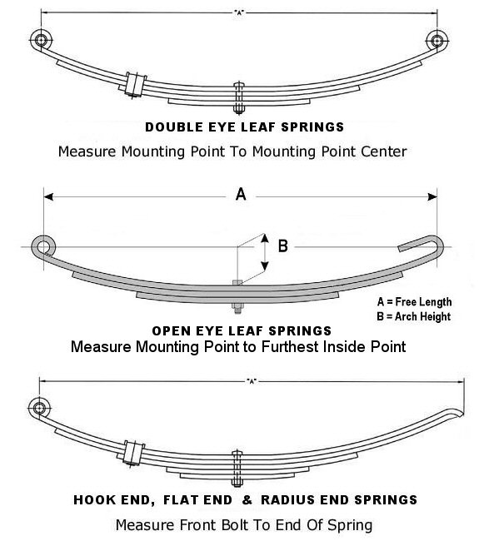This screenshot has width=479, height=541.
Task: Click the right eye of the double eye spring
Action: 437,39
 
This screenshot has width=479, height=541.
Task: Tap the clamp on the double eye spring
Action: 132,84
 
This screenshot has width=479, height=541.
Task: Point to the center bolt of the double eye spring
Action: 239,98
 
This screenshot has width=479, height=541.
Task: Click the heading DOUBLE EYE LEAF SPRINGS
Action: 244,128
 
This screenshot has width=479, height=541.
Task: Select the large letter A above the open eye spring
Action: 241,195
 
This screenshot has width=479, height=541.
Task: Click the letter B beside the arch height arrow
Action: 282,246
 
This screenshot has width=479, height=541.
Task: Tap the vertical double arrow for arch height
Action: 265,254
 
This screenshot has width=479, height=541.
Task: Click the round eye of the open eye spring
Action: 42,246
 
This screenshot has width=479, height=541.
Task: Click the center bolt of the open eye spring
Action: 238,296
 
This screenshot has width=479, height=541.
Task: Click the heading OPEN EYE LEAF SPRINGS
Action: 242,331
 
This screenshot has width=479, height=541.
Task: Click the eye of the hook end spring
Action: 38,407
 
